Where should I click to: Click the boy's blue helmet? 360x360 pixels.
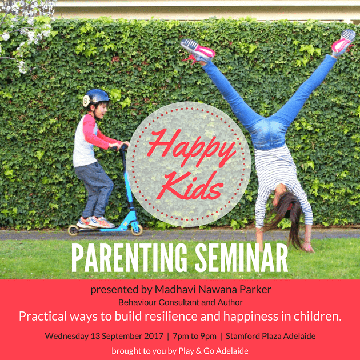[96, 97]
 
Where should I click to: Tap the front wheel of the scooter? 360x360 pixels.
[137, 230]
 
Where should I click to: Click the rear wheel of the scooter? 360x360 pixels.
[73, 230]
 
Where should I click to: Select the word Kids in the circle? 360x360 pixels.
[190, 186]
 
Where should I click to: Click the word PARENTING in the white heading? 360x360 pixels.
[130, 258]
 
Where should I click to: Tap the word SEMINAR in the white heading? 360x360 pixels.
[241, 258]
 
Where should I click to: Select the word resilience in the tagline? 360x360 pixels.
[171, 316]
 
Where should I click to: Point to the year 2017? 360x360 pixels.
[154, 336]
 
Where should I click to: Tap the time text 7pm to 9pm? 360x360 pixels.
[194, 336]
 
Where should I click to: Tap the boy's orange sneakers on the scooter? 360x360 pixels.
[95, 222]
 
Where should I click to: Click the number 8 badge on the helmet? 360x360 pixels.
[86, 101]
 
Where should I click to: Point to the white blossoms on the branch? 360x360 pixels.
[25, 30]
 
